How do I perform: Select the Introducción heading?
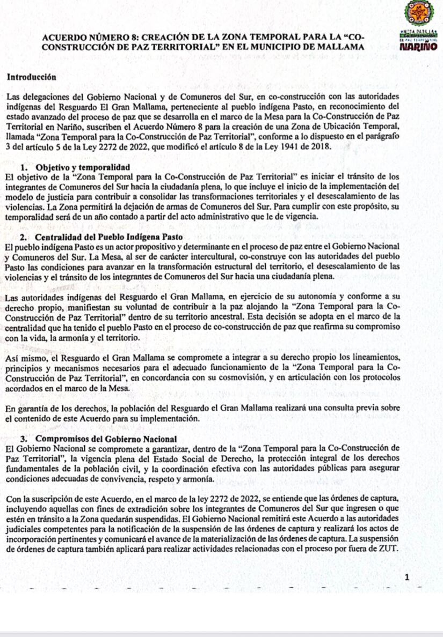(32, 77)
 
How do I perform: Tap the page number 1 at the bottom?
(407, 577)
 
